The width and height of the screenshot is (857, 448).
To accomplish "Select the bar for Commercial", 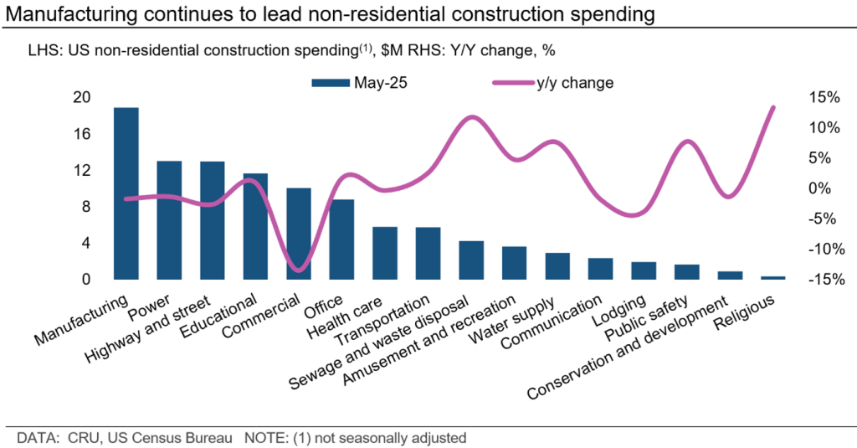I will click(x=299, y=234).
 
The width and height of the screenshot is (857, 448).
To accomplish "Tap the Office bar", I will click(x=341, y=239).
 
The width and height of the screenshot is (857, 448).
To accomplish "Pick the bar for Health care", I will click(x=385, y=253).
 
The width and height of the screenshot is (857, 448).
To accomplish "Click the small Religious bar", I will click(x=773, y=277).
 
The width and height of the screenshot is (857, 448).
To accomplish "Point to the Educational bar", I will click(x=255, y=226).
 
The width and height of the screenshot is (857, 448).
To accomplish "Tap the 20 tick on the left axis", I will click(x=80, y=97).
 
